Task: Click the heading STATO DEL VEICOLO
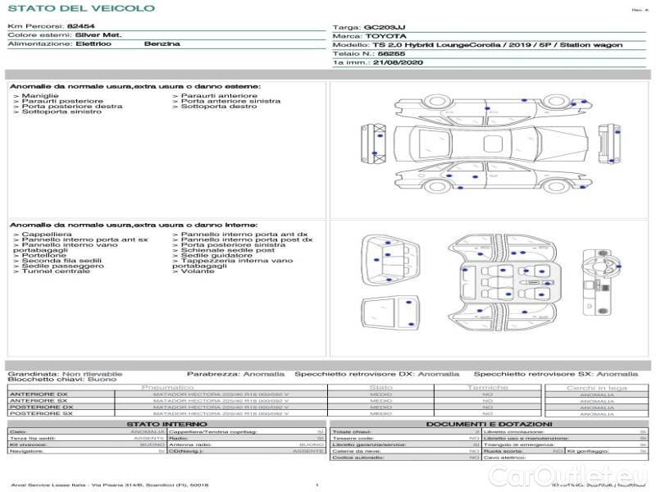click(80, 9)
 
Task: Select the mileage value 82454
click(80, 26)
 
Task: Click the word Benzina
click(162, 43)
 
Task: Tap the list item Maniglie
click(39, 96)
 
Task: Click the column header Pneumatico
click(168, 387)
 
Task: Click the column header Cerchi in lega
click(597, 387)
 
